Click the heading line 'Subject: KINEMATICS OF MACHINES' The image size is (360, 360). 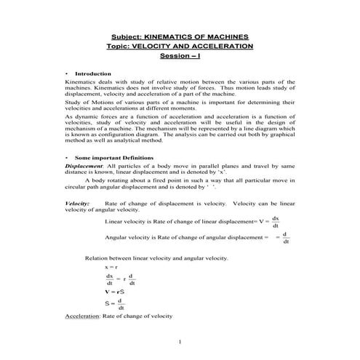(x=179, y=36)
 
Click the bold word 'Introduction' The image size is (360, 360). (x=93, y=73)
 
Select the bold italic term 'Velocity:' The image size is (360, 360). (x=77, y=204)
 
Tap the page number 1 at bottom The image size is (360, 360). (x=180, y=341)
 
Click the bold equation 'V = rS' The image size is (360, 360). (x=113, y=291)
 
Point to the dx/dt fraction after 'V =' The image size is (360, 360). (x=275, y=222)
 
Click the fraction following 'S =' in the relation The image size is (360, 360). (x=121, y=303)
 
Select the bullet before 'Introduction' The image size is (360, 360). (x=67, y=73)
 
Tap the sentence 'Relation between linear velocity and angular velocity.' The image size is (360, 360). (x=156, y=258)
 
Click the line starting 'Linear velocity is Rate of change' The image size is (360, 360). (x=182, y=221)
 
